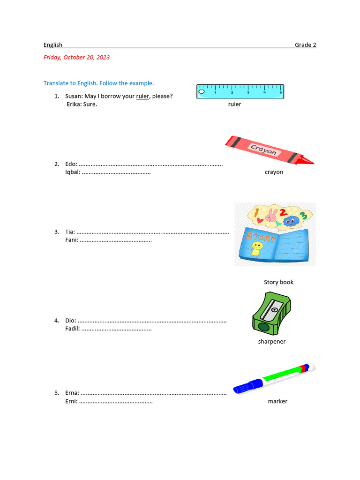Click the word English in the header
(x=53, y=45)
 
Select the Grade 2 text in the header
(x=305, y=45)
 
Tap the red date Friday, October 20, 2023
(x=76, y=58)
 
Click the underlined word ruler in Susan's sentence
(x=142, y=97)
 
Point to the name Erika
(x=74, y=105)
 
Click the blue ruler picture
(x=240, y=91)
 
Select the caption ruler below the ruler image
(x=234, y=105)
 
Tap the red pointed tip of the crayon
(x=308, y=161)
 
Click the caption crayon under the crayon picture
(x=274, y=172)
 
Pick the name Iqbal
(x=72, y=172)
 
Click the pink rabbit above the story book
(x=271, y=216)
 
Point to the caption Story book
(x=278, y=282)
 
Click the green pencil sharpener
(x=270, y=312)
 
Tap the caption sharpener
(x=271, y=342)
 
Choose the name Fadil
(x=72, y=329)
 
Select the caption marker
(x=277, y=401)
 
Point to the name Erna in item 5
(x=72, y=393)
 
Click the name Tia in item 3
(x=69, y=232)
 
